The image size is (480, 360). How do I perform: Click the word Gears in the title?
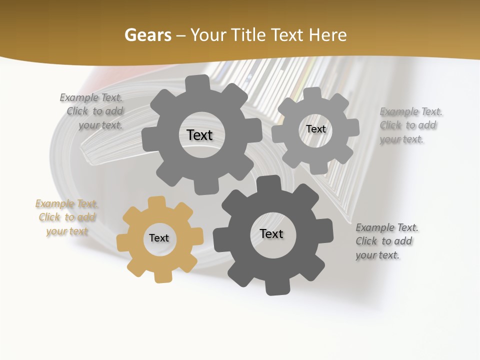point(147,35)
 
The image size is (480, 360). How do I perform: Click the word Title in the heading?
point(247,35)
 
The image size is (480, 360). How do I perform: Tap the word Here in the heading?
point(328,35)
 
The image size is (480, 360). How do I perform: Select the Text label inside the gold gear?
point(159,238)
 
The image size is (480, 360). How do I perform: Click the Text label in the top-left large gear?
point(199,135)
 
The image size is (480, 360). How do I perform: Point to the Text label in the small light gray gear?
point(315,129)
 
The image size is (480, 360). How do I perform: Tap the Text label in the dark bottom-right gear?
point(271,233)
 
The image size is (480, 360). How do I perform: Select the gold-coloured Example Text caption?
point(66,204)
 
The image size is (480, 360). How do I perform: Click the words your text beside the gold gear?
point(67,231)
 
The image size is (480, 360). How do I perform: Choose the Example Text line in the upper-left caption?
point(91,97)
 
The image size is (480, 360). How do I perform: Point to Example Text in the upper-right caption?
point(411,111)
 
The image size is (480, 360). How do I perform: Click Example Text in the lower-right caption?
point(387,227)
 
